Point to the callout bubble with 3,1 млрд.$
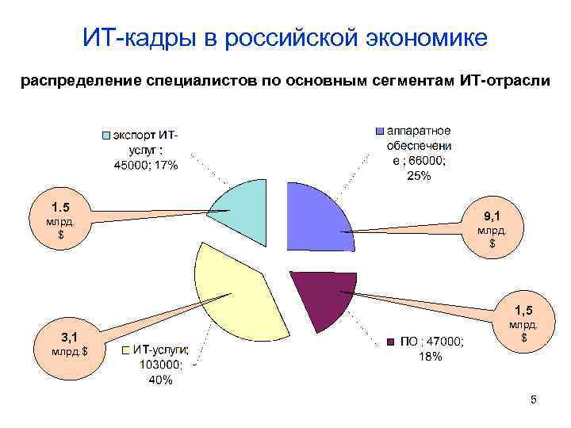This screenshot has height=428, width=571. [70, 342]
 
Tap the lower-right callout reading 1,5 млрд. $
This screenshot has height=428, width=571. [523, 321]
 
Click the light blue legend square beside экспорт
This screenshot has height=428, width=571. [105, 136]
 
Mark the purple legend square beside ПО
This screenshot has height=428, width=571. [390, 342]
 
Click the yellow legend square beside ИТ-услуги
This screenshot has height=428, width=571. [125, 350]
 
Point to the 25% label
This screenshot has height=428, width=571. [418, 176]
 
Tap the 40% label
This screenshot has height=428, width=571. [160, 380]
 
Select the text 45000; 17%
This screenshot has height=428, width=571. [146, 166]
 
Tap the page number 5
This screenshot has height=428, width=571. [534, 400]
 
